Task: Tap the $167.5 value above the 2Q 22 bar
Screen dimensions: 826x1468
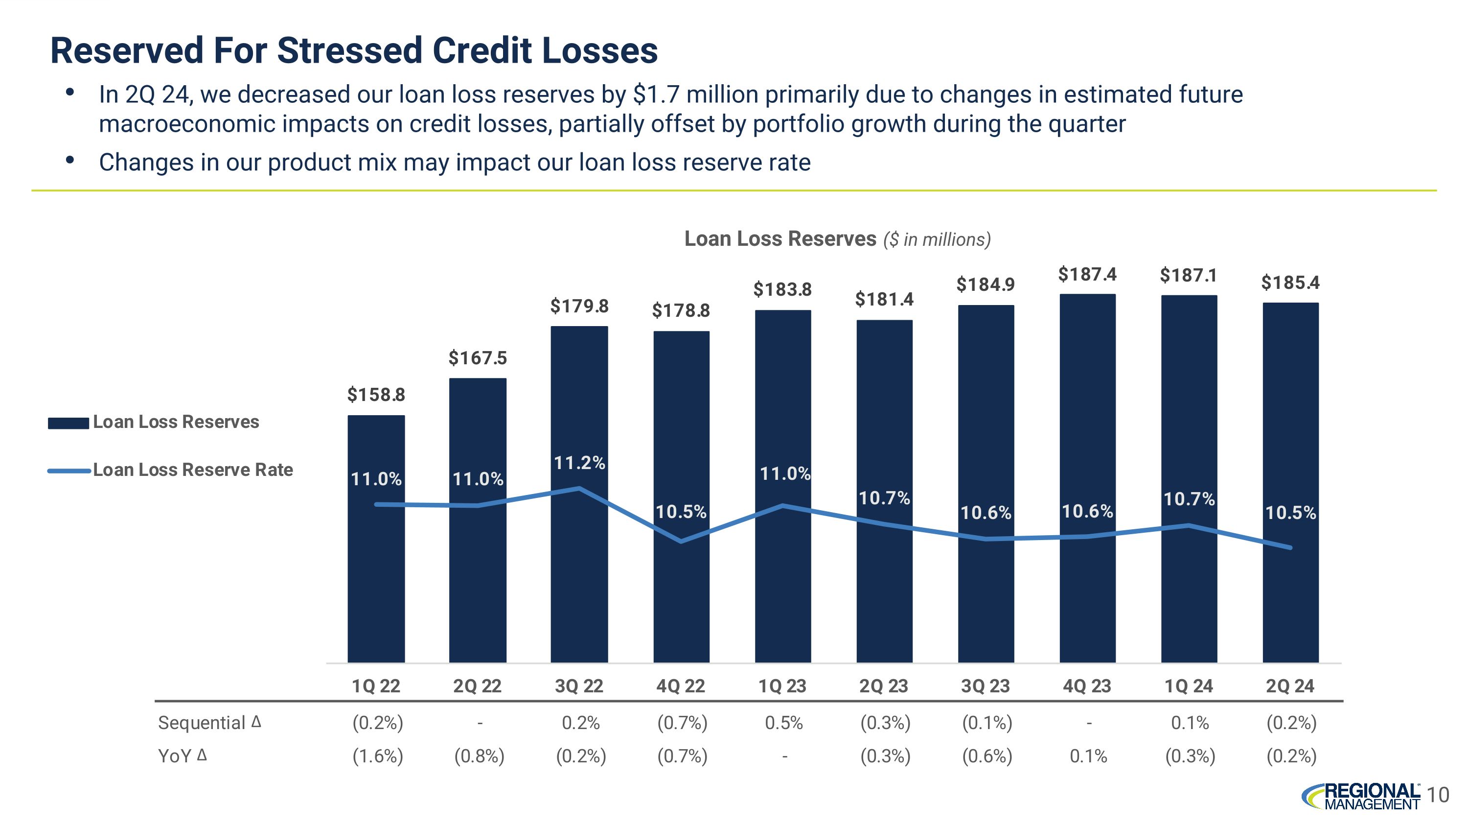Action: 478,358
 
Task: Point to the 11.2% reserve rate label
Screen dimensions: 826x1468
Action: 579,462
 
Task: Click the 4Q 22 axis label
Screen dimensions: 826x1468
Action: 681,686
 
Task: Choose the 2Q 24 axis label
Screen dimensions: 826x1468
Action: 1290,686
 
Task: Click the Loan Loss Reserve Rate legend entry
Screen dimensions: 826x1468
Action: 193,470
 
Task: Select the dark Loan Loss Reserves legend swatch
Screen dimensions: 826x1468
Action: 69,423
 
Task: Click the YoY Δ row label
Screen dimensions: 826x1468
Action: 183,756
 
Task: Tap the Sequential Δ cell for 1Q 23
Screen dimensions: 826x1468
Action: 783,723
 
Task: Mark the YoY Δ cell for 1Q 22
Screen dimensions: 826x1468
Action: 377,756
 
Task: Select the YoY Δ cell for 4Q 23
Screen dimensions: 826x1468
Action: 1088,756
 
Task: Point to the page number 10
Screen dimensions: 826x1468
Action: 1438,795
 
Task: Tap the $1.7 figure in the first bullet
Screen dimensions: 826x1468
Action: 656,94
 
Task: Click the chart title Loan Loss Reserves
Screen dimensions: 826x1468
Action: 780,239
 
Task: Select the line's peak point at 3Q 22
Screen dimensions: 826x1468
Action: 579,488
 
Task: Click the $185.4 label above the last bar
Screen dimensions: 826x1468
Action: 1290,283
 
